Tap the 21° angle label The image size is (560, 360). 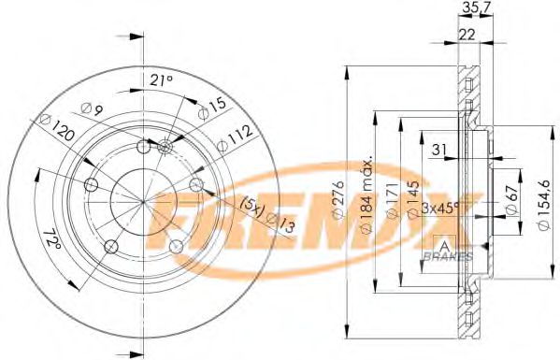tap(162, 81)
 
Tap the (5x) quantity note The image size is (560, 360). tap(251, 203)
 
